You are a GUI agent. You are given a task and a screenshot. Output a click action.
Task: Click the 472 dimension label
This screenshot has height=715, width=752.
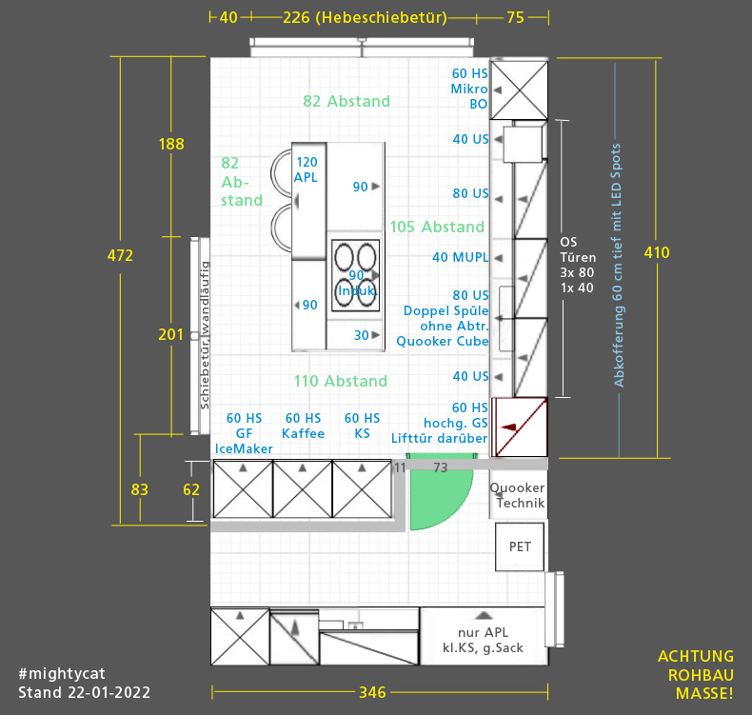(x=120, y=255)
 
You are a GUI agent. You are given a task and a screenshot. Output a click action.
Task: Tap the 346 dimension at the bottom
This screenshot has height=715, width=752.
(x=372, y=692)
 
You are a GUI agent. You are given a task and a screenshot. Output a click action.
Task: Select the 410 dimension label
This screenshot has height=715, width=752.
(x=657, y=252)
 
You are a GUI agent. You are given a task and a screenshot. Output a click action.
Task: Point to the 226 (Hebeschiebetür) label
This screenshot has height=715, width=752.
(x=365, y=18)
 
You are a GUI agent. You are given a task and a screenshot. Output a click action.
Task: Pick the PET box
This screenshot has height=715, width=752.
(x=520, y=546)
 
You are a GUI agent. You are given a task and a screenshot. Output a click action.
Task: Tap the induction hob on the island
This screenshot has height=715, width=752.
(x=355, y=275)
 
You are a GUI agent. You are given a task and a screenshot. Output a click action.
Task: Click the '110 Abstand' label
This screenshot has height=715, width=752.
(x=341, y=381)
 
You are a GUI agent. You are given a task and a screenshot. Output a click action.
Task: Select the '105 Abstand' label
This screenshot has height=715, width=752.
(x=437, y=227)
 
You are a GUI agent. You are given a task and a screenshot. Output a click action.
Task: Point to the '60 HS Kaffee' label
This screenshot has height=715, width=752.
(x=303, y=426)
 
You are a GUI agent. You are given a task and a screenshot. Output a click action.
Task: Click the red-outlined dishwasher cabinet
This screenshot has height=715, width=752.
(x=521, y=427)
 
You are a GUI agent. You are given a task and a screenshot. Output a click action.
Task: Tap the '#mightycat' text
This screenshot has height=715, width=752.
(x=61, y=674)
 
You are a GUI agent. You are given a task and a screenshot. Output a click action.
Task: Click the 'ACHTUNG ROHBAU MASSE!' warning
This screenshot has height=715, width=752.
(x=696, y=675)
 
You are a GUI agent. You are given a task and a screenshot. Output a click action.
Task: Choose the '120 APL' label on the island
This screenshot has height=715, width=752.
(x=307, y=169)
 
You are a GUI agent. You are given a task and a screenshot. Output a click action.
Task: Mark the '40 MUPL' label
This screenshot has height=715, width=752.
(x=461, y=257)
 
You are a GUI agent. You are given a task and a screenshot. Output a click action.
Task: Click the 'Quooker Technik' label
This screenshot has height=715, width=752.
(x=517, y=495)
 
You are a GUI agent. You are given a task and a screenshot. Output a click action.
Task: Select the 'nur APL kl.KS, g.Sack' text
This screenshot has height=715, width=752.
(x=483, y=640)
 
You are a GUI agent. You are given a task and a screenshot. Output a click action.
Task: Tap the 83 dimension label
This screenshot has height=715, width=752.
(x=140, y=489)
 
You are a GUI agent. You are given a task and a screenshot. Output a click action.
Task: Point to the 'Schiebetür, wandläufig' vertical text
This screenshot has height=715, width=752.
(x=205, y=335)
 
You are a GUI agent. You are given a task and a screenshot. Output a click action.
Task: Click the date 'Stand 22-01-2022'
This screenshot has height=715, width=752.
(x=85, y=692)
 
